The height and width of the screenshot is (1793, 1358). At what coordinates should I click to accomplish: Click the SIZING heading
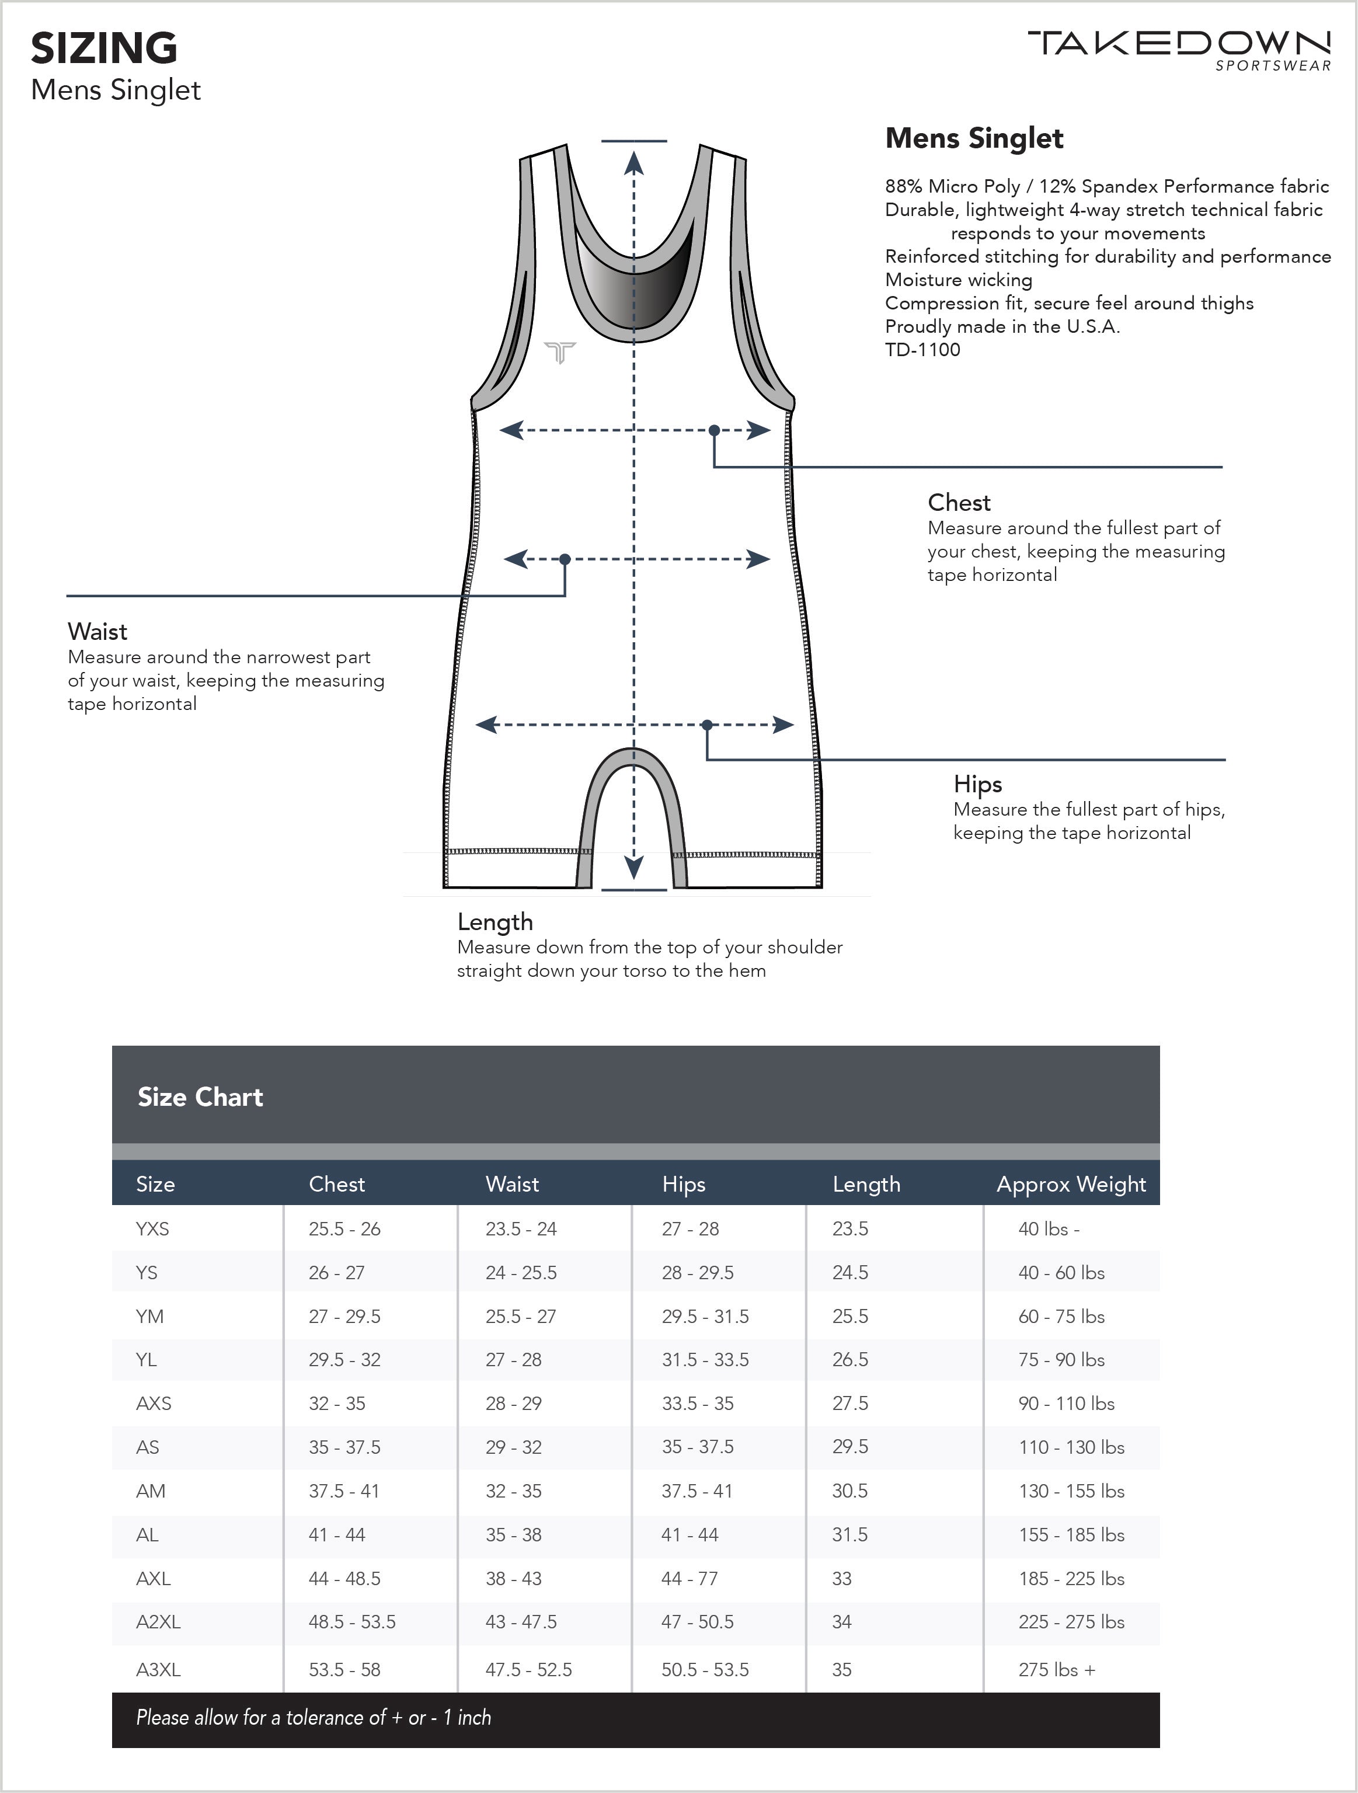[x=104, y=48]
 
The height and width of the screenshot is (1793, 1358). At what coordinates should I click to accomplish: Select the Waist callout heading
[x=98, y=632]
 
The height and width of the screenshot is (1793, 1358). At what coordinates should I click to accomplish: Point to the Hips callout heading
[x=978, y=784]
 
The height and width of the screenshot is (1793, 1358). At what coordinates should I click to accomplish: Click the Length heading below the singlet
[x=495, y=922]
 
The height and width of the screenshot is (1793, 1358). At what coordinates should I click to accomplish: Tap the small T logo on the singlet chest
[x=559, y=353]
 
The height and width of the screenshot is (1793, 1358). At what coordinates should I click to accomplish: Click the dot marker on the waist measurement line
[x=565, y=559]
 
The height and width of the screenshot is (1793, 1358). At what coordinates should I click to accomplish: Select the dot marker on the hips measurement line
[x=707, y=725]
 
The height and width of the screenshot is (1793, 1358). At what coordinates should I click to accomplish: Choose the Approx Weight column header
[x=1070, y=1184]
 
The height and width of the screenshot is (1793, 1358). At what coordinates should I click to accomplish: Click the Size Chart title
[x=200, y=1096]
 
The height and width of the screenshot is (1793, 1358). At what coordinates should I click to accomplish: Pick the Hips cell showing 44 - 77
[x=689, y=1578]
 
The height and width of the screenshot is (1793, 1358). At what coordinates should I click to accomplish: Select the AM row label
[x=151, y=1491]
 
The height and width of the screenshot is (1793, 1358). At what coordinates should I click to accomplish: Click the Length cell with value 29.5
[x=849, y=1447]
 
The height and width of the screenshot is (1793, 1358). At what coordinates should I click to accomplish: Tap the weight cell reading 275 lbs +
[x=1056, y=1670]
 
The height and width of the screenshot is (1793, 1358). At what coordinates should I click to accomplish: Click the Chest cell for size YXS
[x=344, y=1229]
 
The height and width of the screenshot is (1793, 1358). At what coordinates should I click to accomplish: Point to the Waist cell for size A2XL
[x=521, y=1622]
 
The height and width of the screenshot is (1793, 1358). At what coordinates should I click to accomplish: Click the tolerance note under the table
[x=313, y=1718]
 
